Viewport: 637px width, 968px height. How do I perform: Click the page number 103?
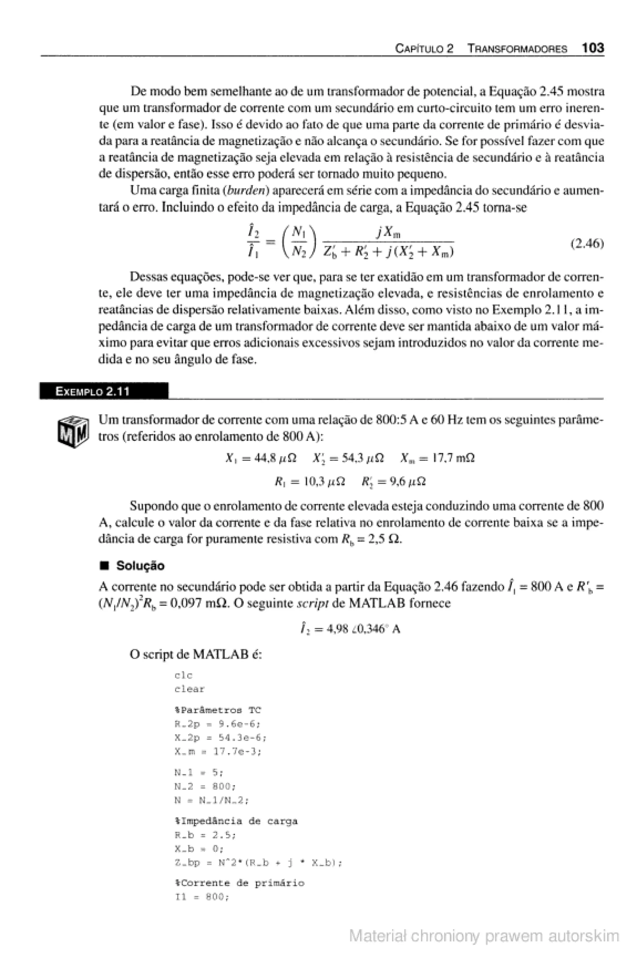pos(593,49)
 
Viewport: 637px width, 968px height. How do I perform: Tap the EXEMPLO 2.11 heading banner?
pos(104,391)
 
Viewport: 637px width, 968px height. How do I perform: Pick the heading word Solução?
pos(140,566)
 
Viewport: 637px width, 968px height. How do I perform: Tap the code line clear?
pos(189,689)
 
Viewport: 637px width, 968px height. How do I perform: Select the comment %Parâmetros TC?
pos(218,710)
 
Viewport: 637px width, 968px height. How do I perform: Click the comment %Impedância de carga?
pos(236,821)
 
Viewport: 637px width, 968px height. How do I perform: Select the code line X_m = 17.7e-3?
pos(218,752)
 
